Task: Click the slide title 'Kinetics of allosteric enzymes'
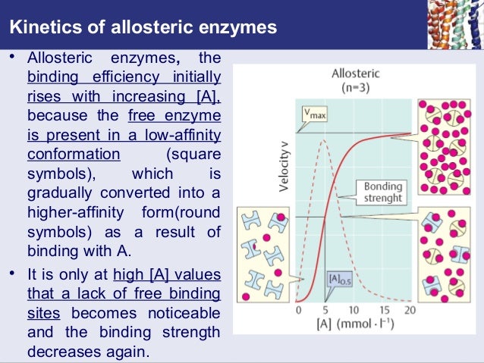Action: point(143,29)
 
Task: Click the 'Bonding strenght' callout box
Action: point(383,192)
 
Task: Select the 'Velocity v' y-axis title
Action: point(283,164)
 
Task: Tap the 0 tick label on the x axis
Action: point(298,311)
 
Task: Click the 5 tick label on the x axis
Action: point(325,311)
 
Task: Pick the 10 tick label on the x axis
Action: point(354,311)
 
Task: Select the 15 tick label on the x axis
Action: point(384,311)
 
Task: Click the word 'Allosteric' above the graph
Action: point(356,74)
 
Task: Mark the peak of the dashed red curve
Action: point(325,139)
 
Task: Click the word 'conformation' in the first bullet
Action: point(74,155)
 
